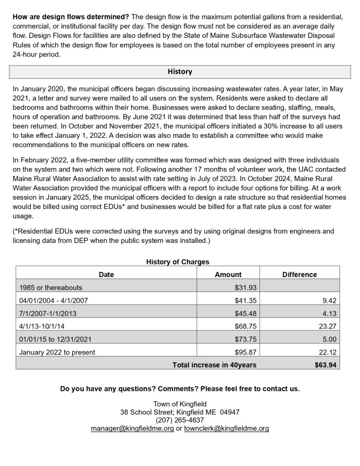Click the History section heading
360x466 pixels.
click(x=180, y=72)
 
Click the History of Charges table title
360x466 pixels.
click(x=178, y=262)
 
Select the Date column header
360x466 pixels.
click(x=106, y=274)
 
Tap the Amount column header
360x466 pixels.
click(x=228, y=274)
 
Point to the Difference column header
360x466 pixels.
click(x=299, y=274)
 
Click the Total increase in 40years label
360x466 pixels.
click(x=214, y=365)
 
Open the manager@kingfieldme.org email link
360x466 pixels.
click(x=132, y=429)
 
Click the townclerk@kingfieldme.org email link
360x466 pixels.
click(x=226, y=429)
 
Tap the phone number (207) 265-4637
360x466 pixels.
click(x=180, y=420)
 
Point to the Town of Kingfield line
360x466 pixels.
click(x=180, y=404)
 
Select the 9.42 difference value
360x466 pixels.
click(x=329, y=301)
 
